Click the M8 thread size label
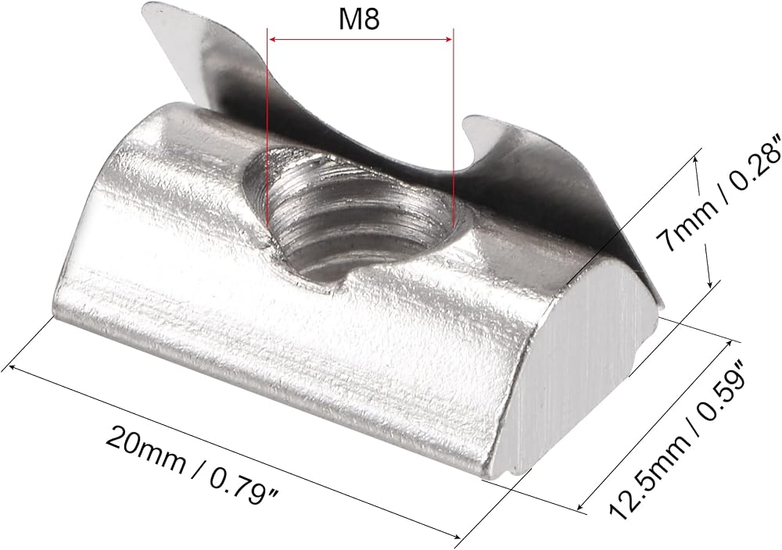click(359, 20)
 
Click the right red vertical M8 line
click(453, 128)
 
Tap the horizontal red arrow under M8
click(360, 40)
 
